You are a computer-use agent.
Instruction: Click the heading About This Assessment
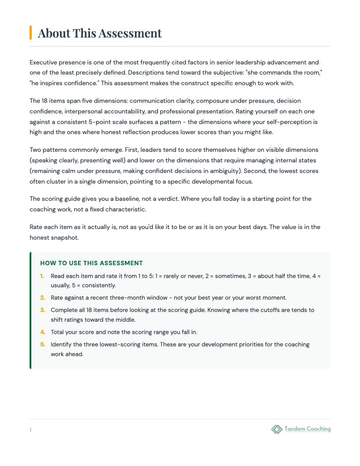pos(100,33)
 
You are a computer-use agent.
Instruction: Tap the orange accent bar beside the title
pos(30,33)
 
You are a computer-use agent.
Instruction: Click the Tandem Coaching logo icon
pos(277,429)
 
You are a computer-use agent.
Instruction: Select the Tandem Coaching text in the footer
pos(307,429)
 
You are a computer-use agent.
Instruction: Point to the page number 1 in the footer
pos(31,430)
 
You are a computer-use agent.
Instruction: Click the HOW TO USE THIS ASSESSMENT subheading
pos(91,263)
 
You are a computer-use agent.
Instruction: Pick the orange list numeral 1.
pos(42,276)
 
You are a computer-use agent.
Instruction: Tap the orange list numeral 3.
pos(42,310)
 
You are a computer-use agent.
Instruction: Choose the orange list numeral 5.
pos(42,344)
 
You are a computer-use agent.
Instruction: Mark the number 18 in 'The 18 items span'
pos(46,101)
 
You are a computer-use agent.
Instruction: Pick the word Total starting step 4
pos(58,331)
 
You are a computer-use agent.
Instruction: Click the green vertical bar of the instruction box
pos(30,310)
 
